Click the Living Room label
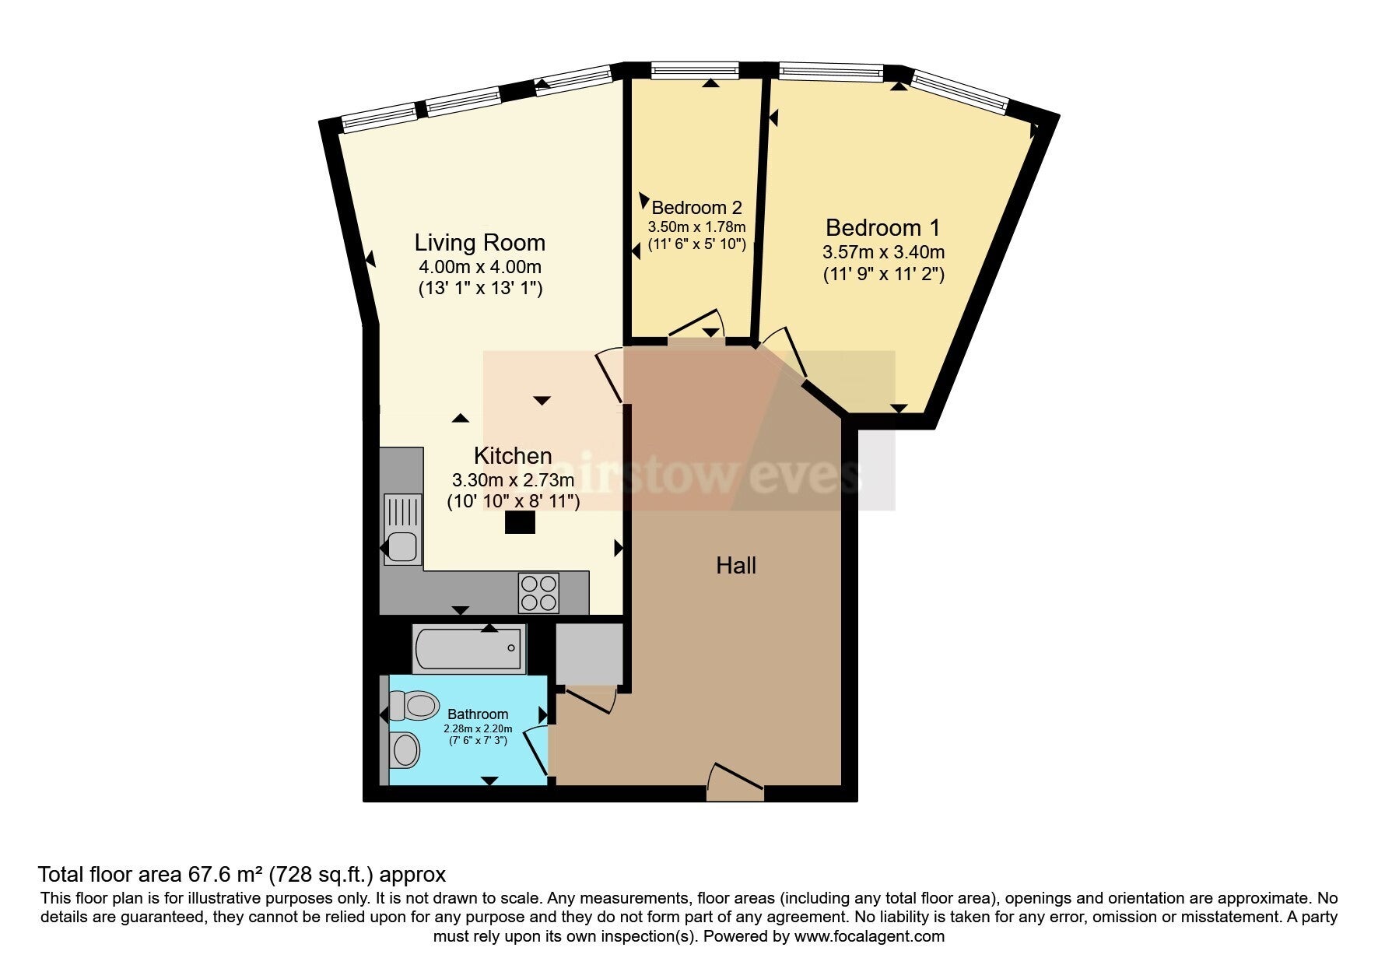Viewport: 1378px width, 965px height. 479,242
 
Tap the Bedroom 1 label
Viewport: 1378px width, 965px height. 882,228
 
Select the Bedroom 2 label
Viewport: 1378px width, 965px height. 696,208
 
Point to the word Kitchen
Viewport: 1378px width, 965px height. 513,455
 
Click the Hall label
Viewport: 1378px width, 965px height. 736,566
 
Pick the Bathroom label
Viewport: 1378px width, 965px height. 478,714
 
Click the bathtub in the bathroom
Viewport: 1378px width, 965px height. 468,649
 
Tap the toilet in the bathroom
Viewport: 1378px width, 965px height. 413,706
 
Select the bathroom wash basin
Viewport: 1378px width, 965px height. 405,750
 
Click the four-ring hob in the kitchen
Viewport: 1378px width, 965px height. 538,593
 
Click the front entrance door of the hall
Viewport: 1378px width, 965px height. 735,782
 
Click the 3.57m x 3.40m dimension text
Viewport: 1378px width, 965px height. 883,252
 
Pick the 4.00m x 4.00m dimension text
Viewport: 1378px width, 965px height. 479,267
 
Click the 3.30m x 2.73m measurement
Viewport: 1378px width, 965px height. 513,480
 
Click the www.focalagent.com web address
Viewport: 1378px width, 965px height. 869,936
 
